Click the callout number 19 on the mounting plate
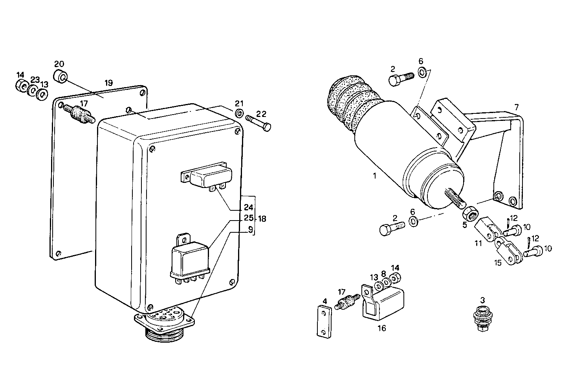[109, 83]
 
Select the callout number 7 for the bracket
[516, 107]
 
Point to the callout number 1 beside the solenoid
[374, 176]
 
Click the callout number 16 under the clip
[381, 328]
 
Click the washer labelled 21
[239, 114]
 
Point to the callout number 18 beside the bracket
[262, 219]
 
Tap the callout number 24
[249, 208]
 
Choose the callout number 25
[249, 218]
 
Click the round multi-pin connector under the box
[164, 321]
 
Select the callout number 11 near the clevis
[478, 243]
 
